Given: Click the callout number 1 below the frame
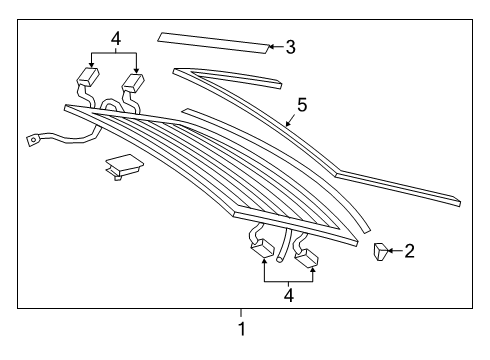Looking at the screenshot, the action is [242, 329].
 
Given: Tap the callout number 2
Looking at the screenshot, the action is [409, 251].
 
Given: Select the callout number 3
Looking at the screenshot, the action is [290, 47].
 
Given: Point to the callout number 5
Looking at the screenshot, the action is [302, 105].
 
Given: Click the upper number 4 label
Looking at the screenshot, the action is [116, 39].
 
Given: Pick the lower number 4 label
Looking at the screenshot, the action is [289, 295].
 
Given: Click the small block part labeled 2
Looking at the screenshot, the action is [380, 251].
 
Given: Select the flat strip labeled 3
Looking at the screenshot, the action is [213, 43].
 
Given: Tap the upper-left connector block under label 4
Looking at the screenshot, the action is [88, 77].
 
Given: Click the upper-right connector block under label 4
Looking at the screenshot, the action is [133, 82].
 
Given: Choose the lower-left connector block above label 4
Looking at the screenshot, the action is [262, 248].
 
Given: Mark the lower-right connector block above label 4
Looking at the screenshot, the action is [307, 258].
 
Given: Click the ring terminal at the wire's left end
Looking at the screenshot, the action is [32, 140].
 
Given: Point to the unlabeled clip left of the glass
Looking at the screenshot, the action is [124, 167].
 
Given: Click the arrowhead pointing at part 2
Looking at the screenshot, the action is [390, 251].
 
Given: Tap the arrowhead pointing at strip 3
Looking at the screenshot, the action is [272, 47].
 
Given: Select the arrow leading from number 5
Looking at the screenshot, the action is [290, 120].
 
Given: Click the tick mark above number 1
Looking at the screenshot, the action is [241, 313].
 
